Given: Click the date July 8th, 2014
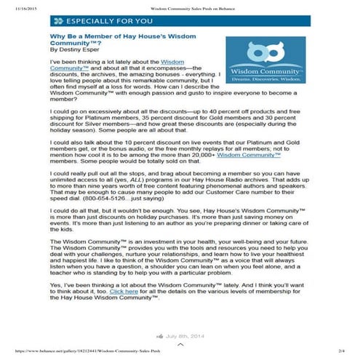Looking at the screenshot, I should (187, 337).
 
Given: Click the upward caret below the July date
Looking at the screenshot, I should (180, 345).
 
